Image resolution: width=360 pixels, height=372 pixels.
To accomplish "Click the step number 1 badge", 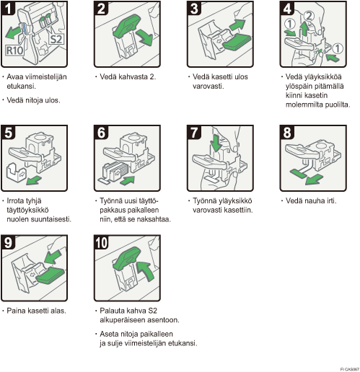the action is tap(8, 8).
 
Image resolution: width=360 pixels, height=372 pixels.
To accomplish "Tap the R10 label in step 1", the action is tap(14, 50).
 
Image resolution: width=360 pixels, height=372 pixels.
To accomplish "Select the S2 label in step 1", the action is tap(56, 39).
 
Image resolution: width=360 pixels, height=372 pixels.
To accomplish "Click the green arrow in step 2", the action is tap(145, 37).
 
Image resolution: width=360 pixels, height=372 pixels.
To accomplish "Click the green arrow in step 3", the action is tap(237, 25).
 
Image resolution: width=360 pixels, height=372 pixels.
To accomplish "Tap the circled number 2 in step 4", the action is tap(309, 16).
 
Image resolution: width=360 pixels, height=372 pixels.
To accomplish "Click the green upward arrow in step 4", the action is tap(304, 29).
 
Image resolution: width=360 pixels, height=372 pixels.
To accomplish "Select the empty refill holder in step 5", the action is tap(15, 172).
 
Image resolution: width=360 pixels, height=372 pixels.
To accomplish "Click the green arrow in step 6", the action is tap(127, 180).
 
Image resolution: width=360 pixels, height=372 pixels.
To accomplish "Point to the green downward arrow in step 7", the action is tap(216, 142).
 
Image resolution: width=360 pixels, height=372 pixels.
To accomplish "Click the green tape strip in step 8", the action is tap(298, 174).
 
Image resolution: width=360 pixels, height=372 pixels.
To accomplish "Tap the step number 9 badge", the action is tap(8, 242).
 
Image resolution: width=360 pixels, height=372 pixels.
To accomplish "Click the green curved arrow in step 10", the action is tap(145, 270).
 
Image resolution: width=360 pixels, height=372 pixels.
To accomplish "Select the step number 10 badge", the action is tap(101, 242).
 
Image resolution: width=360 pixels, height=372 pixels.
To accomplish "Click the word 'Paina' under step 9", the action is tap(16, 311).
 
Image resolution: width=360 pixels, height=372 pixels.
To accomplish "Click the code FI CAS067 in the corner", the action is tap(350, 369).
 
